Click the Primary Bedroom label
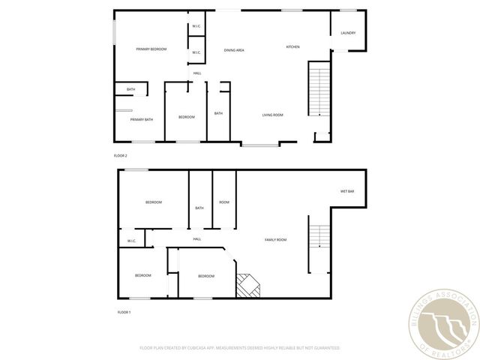[x=151, y=49]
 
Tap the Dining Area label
[x=234, y=50]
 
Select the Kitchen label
[x=292, y=47]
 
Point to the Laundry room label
[x=348, y=33]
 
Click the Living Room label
[x=272, y=115]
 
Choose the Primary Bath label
[x=141, y=119]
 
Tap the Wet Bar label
[x=347, y=191]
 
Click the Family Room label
[x=275, y=239]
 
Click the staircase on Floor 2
[x=319, y=90]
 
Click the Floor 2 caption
[x=120, y=155]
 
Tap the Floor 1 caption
[x=124, y=312]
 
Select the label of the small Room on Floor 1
[x=223, y=202]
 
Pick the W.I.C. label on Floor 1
[x=131, y=241]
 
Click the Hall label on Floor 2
[x=197, y=73]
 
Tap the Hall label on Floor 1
[x=196, y=239]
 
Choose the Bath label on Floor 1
[x=199, y=208]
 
